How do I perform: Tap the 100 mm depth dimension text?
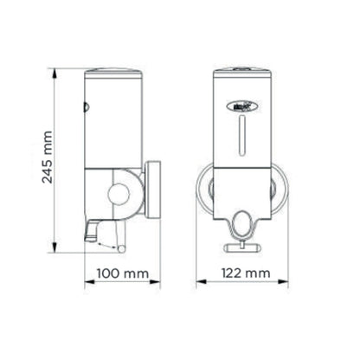coord(119,274)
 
